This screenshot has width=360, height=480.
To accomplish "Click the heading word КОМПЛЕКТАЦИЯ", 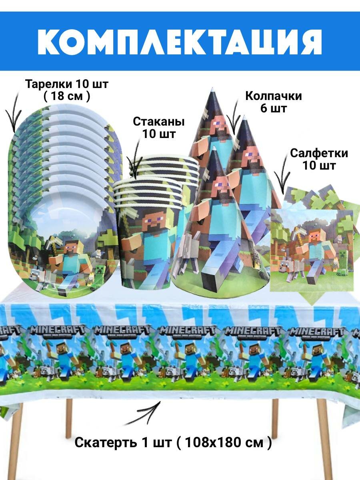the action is click(180, 41).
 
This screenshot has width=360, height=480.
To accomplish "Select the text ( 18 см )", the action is click(66, 97).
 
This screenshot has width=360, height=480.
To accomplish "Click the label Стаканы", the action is click(159, 121).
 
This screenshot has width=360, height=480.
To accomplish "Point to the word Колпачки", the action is click(274, 96).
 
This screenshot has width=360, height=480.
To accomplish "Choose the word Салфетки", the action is click(319, 153).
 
